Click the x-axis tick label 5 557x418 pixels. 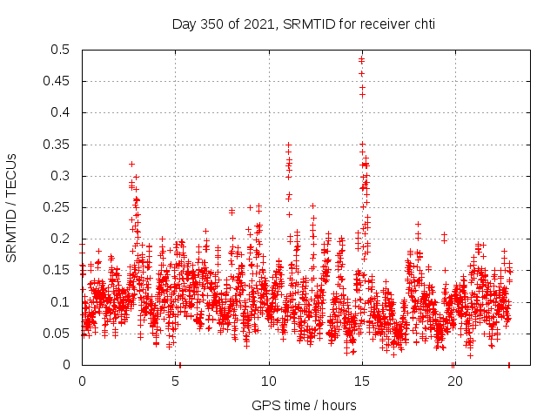pos(175,381)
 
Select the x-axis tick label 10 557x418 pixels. pos(268,381)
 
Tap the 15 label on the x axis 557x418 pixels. pos(361,381)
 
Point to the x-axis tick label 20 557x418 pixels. pos(454,381)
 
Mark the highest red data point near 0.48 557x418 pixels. pos(361,59)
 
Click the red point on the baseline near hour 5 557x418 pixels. pos(178,364)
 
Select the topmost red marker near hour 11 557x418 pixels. pos(288,145)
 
